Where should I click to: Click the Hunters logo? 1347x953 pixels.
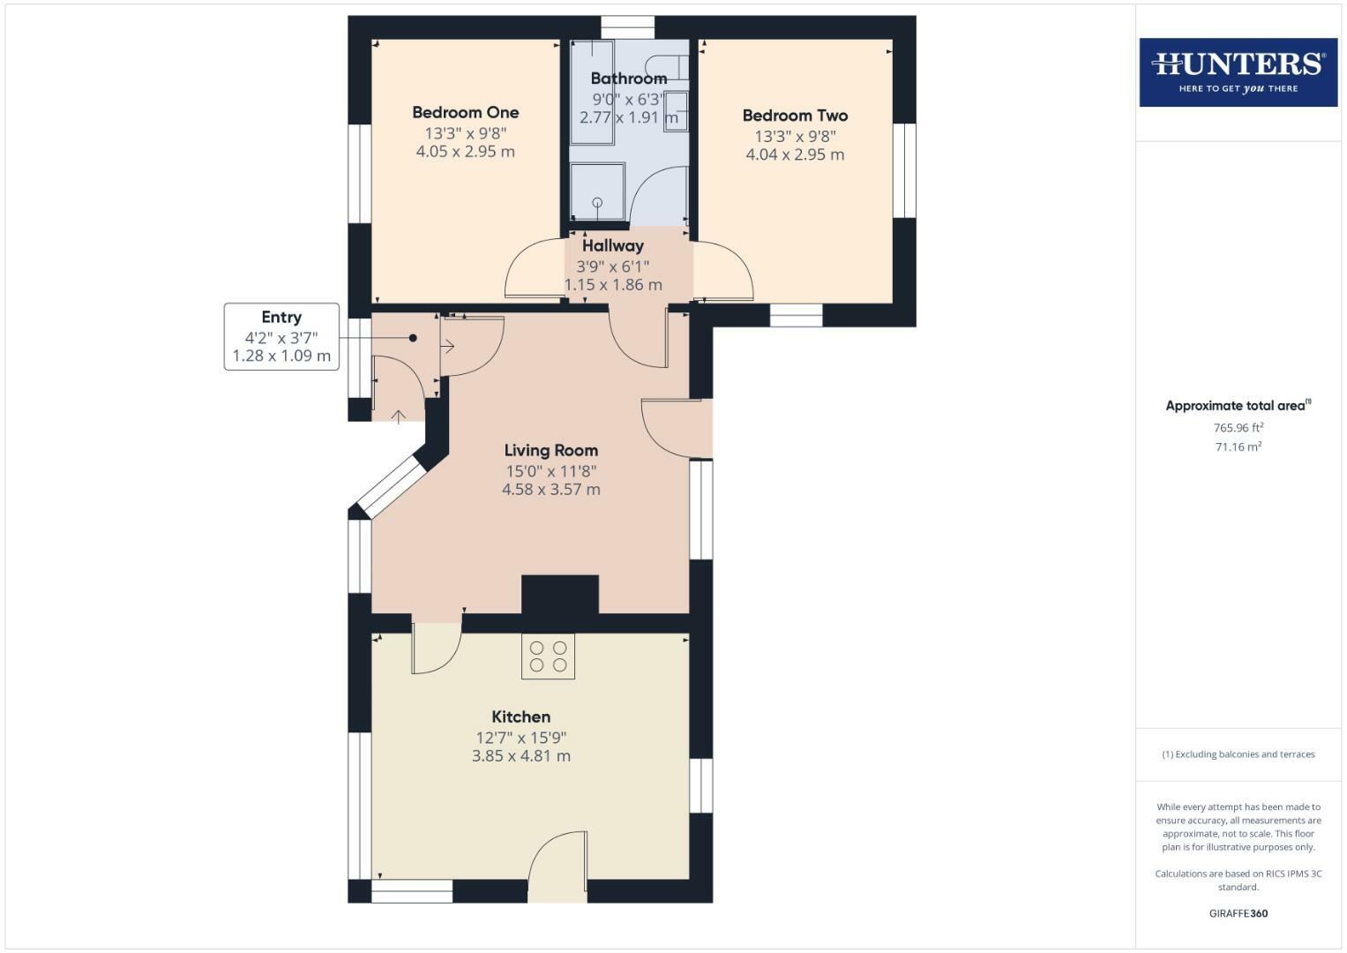1238,71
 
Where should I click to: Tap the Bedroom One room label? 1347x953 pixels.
465,112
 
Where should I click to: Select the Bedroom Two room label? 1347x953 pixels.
795,116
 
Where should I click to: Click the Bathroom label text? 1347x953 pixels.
628,79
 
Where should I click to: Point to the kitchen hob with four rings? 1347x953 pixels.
548,657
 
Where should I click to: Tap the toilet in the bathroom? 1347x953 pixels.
668,66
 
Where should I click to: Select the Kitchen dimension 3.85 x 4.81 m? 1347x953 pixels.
520,756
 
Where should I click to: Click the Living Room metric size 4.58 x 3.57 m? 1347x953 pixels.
550,490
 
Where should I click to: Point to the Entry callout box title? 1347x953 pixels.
281,318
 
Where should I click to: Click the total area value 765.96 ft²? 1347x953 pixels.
1238,428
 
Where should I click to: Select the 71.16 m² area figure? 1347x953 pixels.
1238,447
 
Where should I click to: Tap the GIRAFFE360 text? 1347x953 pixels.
1238,913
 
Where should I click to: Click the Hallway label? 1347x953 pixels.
612,246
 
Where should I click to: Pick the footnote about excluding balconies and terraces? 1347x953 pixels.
1238,754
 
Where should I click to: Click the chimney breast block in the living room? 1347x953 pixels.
560,594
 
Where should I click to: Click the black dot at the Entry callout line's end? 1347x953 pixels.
413,338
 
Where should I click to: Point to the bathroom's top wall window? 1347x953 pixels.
628,26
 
